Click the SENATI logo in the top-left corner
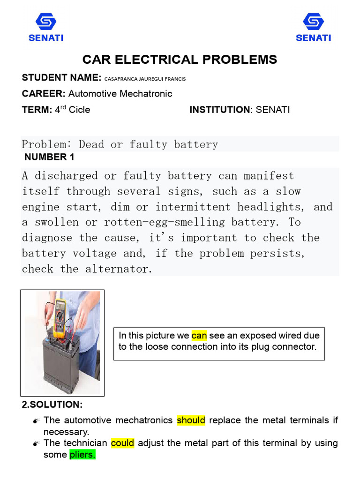coord(45,27)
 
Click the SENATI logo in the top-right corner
coord(313,27)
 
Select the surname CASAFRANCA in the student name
coord(122,79)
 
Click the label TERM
coord(36,110)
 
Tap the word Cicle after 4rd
coord(79,110)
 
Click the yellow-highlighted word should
coord(191,420)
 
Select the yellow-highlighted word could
coord(122,443)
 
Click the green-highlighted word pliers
coord(82,455)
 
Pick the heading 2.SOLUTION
coord(52,404)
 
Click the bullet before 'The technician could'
coord(36,443)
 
